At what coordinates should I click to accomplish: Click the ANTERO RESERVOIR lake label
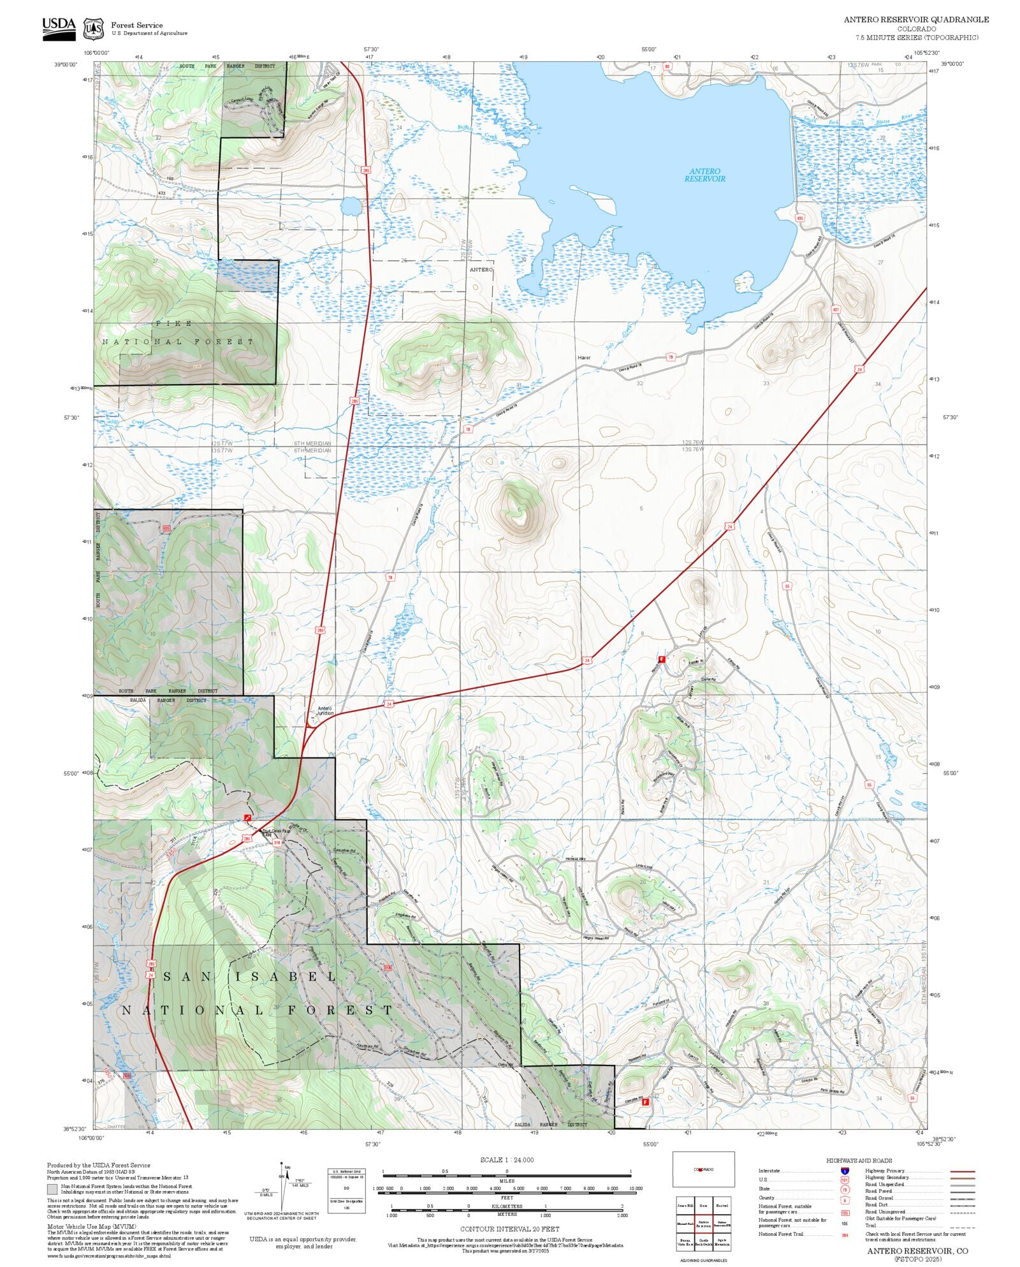(x=704, y=175)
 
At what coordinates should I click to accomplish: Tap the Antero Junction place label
(x=325, y=711)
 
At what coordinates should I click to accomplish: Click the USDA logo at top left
(x=59, y=29)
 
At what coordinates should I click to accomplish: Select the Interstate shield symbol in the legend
(x=845, y=1171)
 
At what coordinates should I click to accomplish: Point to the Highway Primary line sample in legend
(x=962, y=1171)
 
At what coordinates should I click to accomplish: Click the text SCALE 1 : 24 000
(x=507, y=1160)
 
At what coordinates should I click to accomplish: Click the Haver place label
(x=584, y=357)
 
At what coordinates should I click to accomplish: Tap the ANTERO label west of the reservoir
(x=481, y=270)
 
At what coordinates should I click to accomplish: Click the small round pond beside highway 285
(x=349, y=206)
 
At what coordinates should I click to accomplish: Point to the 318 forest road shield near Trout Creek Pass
(x=277, y=842)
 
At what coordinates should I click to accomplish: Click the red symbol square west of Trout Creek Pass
(x=247, y=817)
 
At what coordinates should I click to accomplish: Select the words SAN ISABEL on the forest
(x=250, y=977)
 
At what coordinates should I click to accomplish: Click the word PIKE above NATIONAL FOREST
(x=173, y=323)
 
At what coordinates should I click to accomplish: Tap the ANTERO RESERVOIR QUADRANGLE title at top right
(x=916, y=19)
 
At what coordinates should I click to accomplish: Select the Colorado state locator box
(x=703, y=1169)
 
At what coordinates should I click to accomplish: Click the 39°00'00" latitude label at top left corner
(x=65, y=64)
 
